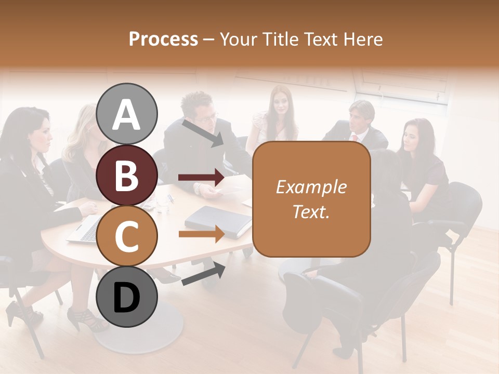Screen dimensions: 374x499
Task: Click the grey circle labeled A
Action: (x=127, y=114)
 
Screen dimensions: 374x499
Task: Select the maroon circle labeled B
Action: (x=127, y=175)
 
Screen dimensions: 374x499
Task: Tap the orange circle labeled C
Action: (x=127, y=236)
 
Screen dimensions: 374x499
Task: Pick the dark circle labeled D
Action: (x=127, y=297)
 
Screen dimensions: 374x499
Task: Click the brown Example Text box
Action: (x=311, y=199)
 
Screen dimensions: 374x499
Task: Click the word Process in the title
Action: (x=163, y=39)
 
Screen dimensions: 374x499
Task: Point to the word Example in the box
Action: (x=311, y=187)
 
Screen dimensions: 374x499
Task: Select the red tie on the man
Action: (x=355, y=138)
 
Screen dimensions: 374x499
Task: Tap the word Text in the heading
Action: (x=322, y=39)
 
